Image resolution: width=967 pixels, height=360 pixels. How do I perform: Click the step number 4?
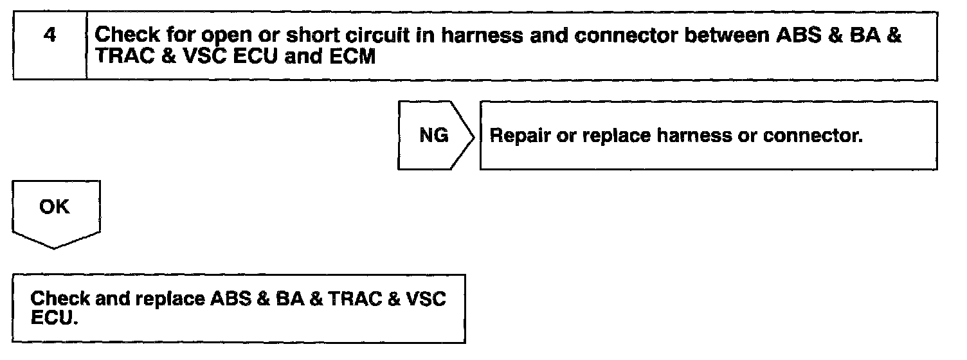pyautogui.click(x=49, y=35)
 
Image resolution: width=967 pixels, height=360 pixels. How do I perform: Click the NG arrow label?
pyautogui.click(x=434, y=136)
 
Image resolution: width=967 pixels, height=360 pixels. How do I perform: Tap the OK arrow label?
pyautogui.click(x=55, y=208)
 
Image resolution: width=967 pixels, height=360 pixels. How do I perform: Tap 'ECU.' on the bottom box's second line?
pyautogui.click(x=54, y=318)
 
